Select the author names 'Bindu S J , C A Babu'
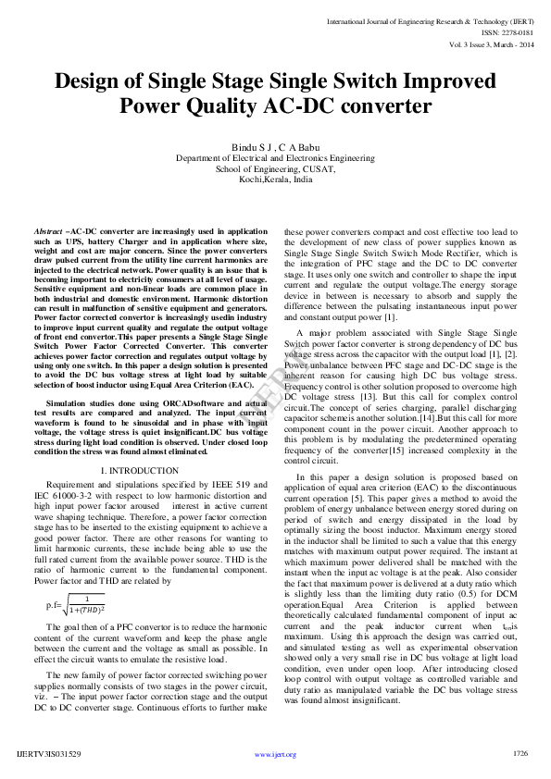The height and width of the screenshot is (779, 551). pos(275,147)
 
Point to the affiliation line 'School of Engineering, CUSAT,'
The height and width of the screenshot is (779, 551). pos(275,169)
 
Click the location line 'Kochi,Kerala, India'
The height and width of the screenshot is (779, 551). pos(275,179)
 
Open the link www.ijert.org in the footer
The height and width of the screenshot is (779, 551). pos(275,754)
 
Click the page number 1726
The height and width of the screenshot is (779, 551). pos(520,753)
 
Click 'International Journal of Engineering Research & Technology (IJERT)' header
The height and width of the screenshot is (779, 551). pos(430,19)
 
